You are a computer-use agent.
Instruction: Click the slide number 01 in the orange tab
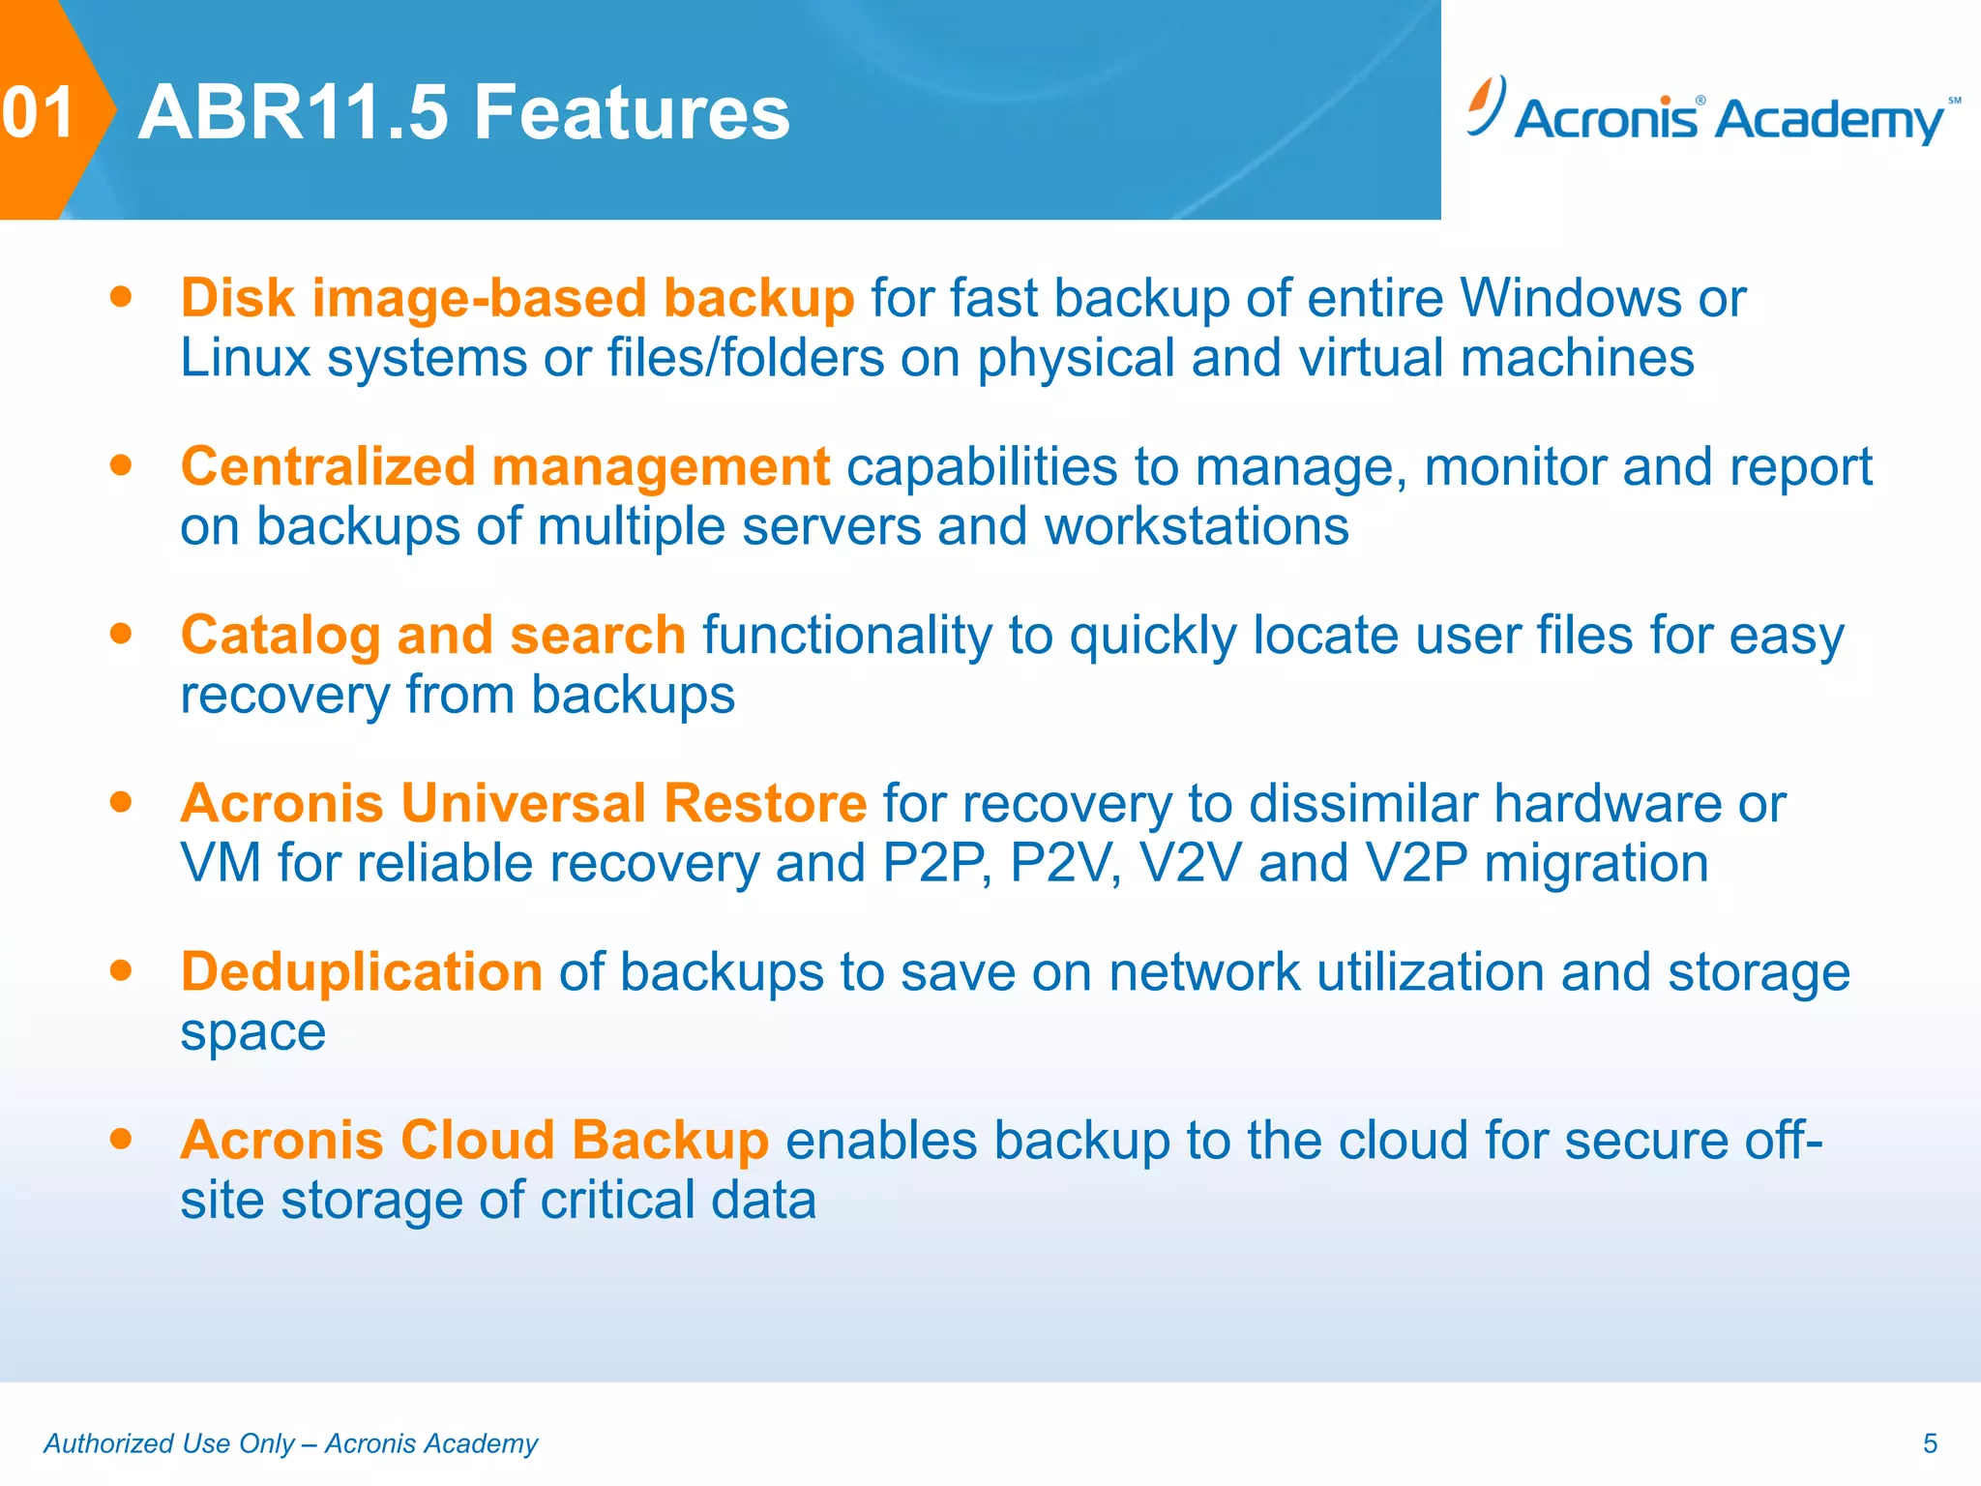pos(39,112)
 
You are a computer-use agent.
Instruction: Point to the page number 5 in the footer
pos(1930,1443)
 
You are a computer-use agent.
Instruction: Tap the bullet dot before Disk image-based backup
pos(121,296)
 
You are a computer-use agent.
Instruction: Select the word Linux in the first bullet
pos(245,358)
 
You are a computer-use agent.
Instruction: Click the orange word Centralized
pos(328,467)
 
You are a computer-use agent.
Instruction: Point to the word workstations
pos(1196,527)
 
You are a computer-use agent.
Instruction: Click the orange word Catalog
pos(281,637)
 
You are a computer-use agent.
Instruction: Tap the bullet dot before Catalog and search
pos(121,634)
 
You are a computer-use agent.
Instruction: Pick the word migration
pos(1596,863)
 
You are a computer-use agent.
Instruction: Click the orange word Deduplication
pos(361,972)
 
